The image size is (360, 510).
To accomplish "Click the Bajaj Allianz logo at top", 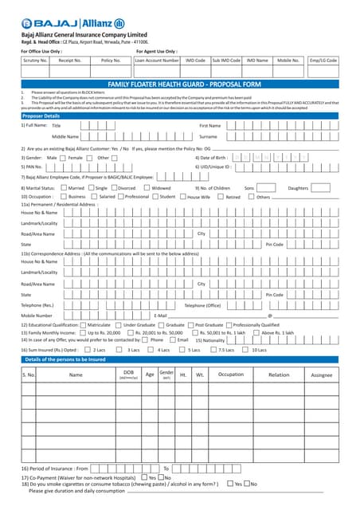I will [72, 23].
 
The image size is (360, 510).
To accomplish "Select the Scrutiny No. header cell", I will [35, 60].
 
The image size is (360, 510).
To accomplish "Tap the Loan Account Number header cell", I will [157, 60].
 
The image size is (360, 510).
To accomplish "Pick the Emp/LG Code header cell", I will [323, 60].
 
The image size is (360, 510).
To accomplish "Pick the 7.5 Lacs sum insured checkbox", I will [213, 350].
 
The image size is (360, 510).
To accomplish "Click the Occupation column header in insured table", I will [231, 374].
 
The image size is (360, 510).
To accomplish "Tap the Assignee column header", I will [321, 374].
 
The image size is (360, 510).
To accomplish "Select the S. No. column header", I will [29, 374].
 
